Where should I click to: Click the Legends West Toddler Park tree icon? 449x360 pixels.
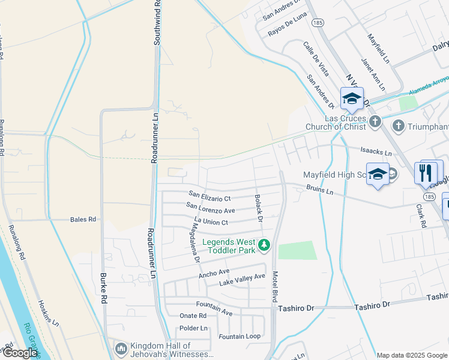tap(264, 245)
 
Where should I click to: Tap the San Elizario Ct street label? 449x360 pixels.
tap(209, 196)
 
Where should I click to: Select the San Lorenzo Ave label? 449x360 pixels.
tap(210, 208)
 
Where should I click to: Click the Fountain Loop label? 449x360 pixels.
tap(240, 337)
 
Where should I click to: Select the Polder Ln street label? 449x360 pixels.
tap(193, 328)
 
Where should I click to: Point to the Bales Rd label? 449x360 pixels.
tap(83, 220)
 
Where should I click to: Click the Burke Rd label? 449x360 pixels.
tap(104, 287)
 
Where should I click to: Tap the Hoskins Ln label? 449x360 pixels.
tap(49, 313)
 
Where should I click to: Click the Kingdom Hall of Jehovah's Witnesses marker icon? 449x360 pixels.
tap(121, 349)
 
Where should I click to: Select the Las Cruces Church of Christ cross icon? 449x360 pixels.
tap(375, 122)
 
